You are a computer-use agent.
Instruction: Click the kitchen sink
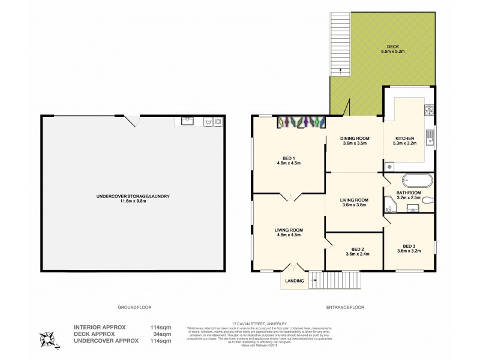click(430, 137)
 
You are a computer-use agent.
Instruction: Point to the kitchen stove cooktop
click(430, 110)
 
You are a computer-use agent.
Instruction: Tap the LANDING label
click(294, 281)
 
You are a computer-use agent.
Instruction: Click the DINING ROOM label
click(355, 141)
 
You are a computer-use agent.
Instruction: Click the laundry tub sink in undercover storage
click(187, 121)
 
